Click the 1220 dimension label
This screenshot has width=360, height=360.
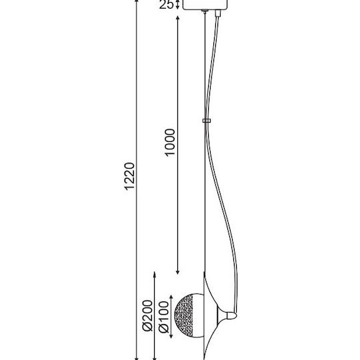tap(129, 176)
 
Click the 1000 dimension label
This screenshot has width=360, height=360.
tap(170, 143)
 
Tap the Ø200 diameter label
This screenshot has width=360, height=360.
tap(147, 315)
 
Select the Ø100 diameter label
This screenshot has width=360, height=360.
tap(164, 317)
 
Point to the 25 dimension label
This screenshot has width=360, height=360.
tap(166, 5)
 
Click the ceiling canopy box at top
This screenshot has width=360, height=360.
tap(205, 5)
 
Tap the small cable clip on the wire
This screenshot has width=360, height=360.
tap(207, 121)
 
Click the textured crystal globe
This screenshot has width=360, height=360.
tap(189, 315)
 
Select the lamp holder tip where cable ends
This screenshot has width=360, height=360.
tap(232, 316)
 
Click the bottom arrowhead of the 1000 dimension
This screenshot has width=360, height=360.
tap(177, 272)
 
